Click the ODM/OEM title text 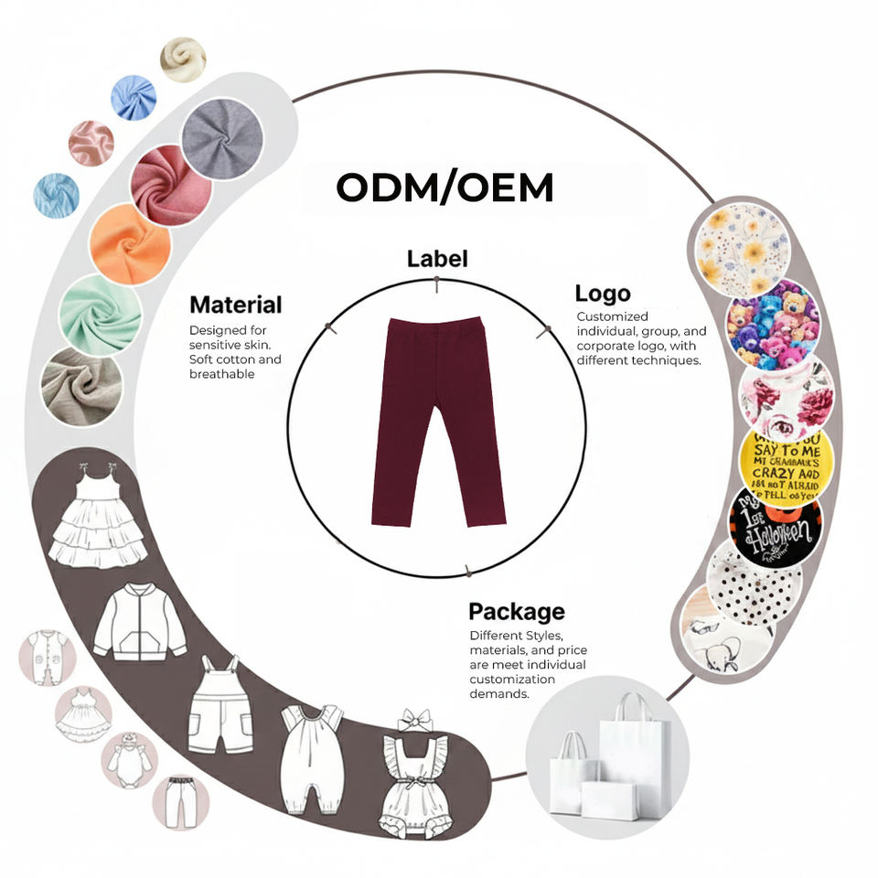444,187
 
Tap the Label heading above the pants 436,259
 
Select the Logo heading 602,294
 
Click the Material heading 235,305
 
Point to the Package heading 516,611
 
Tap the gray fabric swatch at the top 222,138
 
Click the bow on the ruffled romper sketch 415,720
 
